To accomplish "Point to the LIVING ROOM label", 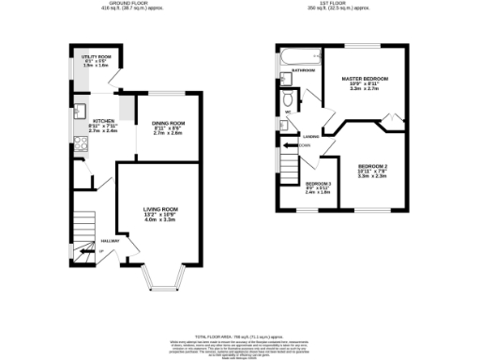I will click(159, 208).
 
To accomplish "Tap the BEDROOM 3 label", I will click(317, 184).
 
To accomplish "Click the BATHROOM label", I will click(302, 70).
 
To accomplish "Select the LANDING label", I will click(310, 137).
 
